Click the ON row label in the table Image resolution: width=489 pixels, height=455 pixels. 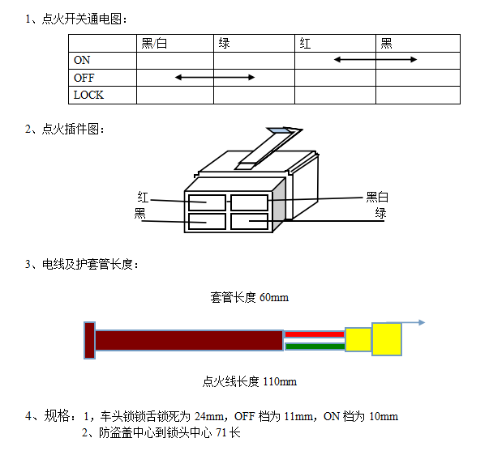pyautogui.click(x=82, y=60)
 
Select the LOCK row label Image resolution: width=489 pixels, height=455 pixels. pyautogui.click(x=88, y=95)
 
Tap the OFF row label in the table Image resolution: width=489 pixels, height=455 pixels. pyautogui.click(x=84, y=78)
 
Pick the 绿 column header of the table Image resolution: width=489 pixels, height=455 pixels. pyautogui.click(x=225, y=43)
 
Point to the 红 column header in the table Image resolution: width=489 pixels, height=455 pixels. pyautogui.click(x=305, y=43)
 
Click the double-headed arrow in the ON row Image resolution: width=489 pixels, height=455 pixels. pyautogui.click(x=375, y=60)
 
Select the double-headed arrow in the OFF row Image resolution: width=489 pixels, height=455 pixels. pyautogui.click(x=215, y=78)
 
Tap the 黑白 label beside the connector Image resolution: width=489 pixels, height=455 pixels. pyautogui.click(x=378, y=197)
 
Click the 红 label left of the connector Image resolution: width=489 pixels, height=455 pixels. pyautogui.click(x=143, y=197)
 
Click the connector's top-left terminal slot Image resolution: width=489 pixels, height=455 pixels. pyautogui.click(x=207, y=202)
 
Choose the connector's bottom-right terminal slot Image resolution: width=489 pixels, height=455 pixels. pyautogui.click(x=249, y=220)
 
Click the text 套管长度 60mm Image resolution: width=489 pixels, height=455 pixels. pyautogui.click(x=249, y=297)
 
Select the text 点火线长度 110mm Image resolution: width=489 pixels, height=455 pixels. pyautogui.click(x=249, y=381)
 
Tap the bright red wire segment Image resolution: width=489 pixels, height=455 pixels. pyautogui.click(x=315, y=333)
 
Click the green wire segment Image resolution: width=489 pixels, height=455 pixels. pyautogui.click(x=315, y=347)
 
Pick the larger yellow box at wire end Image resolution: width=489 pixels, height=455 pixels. pyautogui.click(x=387, y=338)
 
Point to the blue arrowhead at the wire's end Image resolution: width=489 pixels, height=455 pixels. pyautogui.click(x=422, y=323)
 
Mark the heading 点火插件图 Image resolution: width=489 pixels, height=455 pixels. pyautogui.click(x=73, y=129)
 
